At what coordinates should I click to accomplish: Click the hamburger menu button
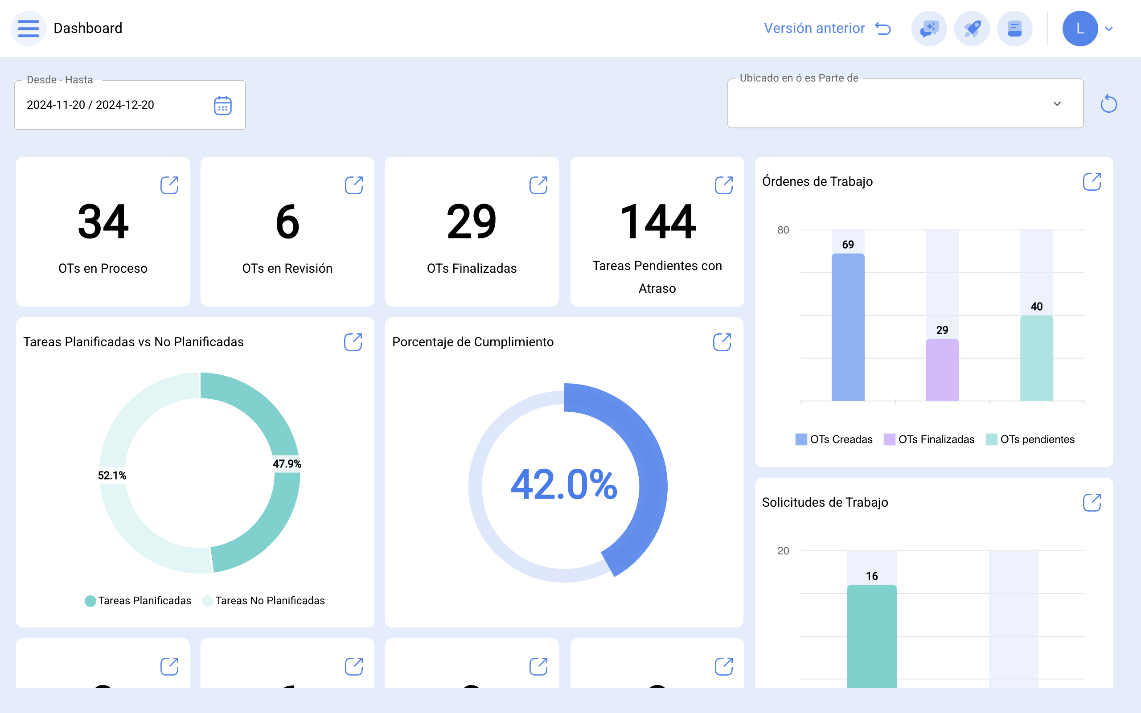click(28, 28)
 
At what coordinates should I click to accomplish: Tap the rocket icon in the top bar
click(972, 28)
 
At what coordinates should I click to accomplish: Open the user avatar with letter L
click(1079, 28)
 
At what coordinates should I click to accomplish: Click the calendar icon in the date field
click(222, 105)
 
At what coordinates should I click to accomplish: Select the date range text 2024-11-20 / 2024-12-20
click(90, 105)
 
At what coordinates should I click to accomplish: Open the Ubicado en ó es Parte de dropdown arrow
click(1057, 104)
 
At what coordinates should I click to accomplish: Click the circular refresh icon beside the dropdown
click(1108, 104)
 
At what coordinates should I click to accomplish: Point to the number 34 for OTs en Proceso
click(103, 221)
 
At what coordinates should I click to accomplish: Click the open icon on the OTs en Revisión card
click(353, 185)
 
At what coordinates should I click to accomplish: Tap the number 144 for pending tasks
click(657, 221)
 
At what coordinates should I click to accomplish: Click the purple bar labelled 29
click(942, 370)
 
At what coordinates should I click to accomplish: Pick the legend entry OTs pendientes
click(1030, 439)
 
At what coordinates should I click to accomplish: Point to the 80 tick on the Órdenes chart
click(783, 230)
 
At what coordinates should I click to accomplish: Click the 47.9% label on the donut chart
click(287, 463)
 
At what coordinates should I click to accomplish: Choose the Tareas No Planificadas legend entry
click(264, 601)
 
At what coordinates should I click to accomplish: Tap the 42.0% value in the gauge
click(564, 484)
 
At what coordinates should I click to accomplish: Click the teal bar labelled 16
click(872, 636)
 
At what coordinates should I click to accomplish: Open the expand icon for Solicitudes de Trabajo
click(1092, 503)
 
